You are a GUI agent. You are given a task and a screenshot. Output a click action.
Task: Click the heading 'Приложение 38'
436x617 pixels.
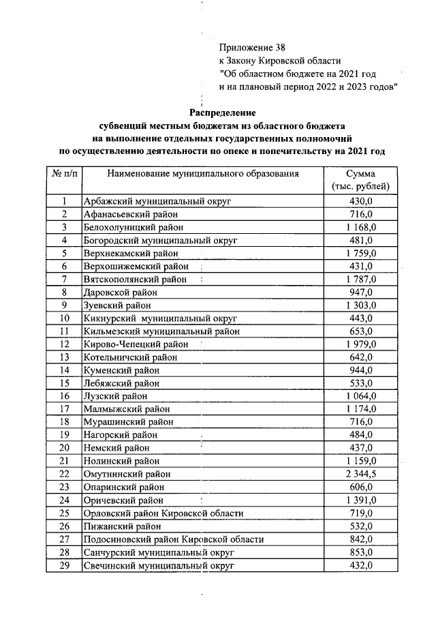(249, 48)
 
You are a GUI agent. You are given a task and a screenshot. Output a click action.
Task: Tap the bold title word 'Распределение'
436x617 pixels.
(222, 112)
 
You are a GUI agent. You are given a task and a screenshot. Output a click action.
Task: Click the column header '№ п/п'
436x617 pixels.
(64, 174)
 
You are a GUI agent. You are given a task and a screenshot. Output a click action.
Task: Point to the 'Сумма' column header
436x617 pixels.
(360, 174)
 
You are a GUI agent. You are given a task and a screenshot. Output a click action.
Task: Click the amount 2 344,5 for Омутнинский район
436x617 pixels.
(360, 474)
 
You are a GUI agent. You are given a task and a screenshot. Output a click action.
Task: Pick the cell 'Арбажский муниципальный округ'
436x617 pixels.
(157, 201)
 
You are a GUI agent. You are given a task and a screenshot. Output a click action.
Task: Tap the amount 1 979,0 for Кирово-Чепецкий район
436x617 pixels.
(360, 344)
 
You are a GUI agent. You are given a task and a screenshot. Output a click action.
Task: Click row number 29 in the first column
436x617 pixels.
(64, 566)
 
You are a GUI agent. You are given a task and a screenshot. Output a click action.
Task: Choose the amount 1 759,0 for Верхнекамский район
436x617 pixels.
(360, 253)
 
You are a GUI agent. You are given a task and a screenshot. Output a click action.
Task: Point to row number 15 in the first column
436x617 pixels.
(64, 382)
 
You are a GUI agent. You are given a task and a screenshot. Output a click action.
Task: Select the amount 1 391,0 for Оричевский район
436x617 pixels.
(360, 500)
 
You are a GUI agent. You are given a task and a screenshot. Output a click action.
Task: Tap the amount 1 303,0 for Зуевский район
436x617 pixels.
(360, 305)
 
